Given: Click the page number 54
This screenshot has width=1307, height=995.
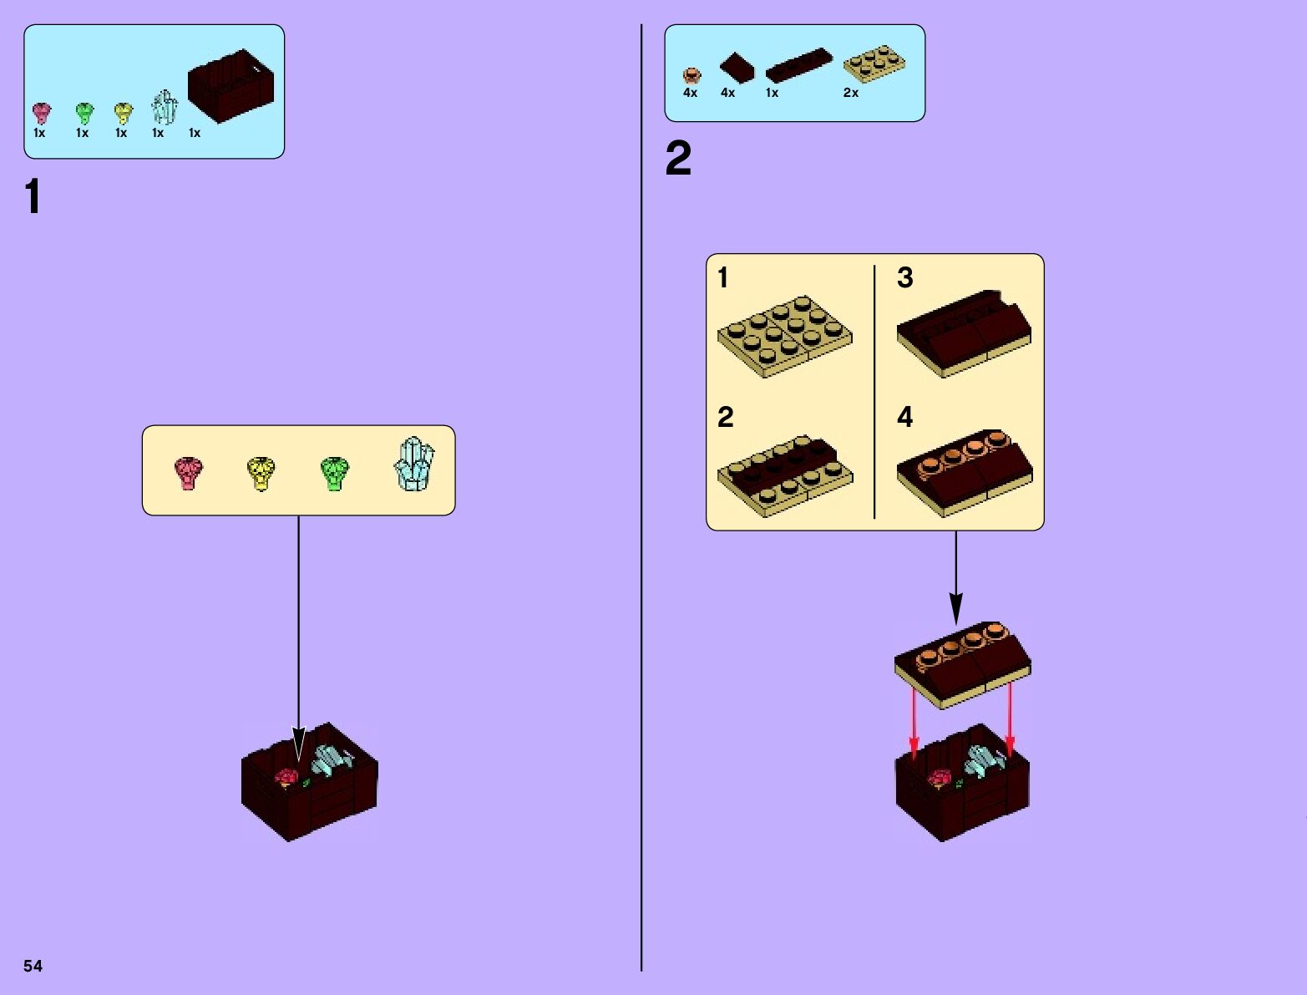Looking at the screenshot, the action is tap(33, 966).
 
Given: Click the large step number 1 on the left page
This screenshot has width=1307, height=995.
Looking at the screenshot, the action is tap(33, 198).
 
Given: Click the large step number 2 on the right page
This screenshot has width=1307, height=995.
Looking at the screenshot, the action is tap(678, 158).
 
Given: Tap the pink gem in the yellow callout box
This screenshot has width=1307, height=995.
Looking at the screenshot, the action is tap(188, 473).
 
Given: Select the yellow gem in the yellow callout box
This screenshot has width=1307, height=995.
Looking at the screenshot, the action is tap(261, 473).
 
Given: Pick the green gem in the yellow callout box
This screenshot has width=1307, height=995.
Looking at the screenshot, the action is tap(334, 473).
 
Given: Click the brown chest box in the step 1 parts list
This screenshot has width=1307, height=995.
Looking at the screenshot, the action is tap(230, 85).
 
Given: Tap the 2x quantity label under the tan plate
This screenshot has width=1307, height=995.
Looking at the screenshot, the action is tap(850, 93).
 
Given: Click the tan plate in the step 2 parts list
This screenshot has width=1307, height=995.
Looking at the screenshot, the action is tap(874, 63).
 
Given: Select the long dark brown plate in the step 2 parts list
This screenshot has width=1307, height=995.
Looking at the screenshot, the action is tap(798, 64).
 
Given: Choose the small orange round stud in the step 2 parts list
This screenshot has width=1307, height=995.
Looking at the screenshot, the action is tap(691, 75).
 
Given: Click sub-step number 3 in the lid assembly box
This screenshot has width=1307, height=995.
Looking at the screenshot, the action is tap(904, 278).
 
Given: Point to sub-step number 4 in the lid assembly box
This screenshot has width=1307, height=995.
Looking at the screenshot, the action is tap(904, 417).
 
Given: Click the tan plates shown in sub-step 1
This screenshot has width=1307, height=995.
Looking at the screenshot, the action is tap(784, 335).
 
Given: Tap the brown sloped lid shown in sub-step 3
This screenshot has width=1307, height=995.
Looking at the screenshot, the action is tap(964, 332).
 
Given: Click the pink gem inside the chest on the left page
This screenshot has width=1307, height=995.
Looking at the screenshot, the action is tap(286, 777).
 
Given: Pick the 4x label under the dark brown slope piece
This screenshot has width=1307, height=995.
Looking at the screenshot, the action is tap(727, 93).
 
